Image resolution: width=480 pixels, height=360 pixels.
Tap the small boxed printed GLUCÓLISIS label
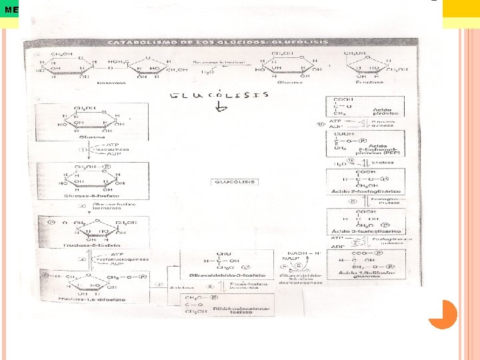tap(233, 181)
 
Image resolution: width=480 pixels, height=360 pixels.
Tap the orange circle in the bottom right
tap(442, 314)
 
